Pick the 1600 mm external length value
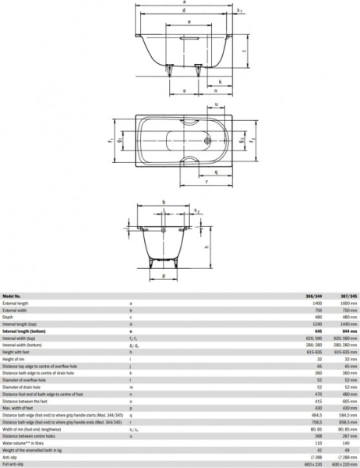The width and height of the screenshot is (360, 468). pos(348,303)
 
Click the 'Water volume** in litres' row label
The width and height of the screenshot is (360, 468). pos(23,441)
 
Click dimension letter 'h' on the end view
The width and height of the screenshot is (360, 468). pos(204,247)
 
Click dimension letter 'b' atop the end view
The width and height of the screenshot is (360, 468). pos(163,203)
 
